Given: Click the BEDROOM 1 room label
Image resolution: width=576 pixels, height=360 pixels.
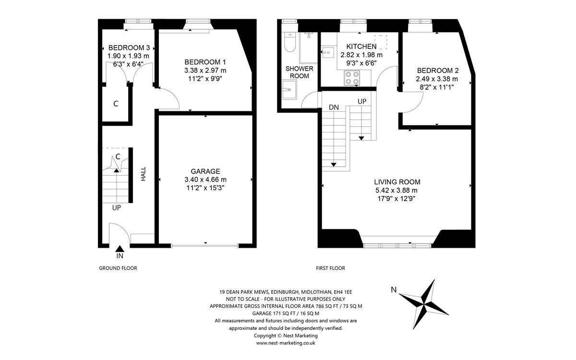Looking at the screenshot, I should pyautogui.click(x=205, y=62).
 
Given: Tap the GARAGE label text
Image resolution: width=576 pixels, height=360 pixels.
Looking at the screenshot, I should pyautogui.click(x=205, y=171).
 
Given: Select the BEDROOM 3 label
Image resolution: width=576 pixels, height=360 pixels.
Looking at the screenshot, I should pyautogui.click(x=129, y=48).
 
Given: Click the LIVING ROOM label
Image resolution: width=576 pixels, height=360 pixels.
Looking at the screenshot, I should pyautogui.click(x=397, y=182).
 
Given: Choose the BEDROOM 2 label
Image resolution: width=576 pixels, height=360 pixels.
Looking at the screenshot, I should pyautogui.click(x=437, y=70).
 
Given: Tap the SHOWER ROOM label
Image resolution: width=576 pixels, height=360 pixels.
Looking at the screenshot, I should pyautogui.click(x=299, y=72).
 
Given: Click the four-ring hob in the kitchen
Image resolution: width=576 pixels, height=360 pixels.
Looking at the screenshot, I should pyautogui.click(x=351, y=78).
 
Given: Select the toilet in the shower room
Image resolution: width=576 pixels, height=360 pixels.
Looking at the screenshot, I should pyautogui.click(x=289, y=43).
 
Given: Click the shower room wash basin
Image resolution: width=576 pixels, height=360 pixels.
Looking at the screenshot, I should pyautogui.click(x=289, y=89).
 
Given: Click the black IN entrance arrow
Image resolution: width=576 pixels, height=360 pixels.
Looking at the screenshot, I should pyautogui.click(x=120, y=248).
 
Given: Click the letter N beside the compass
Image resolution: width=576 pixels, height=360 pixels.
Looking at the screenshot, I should pyautogui.click(x=394, y=289).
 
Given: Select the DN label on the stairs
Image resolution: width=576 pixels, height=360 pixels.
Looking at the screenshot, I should pyautogui.click(x=334, y=108).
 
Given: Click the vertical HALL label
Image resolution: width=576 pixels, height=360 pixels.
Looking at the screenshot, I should pyautogui.click(x=143, y=174).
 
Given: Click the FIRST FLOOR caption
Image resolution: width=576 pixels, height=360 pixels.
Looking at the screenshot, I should pyautogui.click(x=331, y=268).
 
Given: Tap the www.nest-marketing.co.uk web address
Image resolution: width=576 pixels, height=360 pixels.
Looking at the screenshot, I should pyautogui.click(x=286, y=343).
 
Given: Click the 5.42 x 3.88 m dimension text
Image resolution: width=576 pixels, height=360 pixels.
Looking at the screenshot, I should pyautogui.click(x=397, y=190).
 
